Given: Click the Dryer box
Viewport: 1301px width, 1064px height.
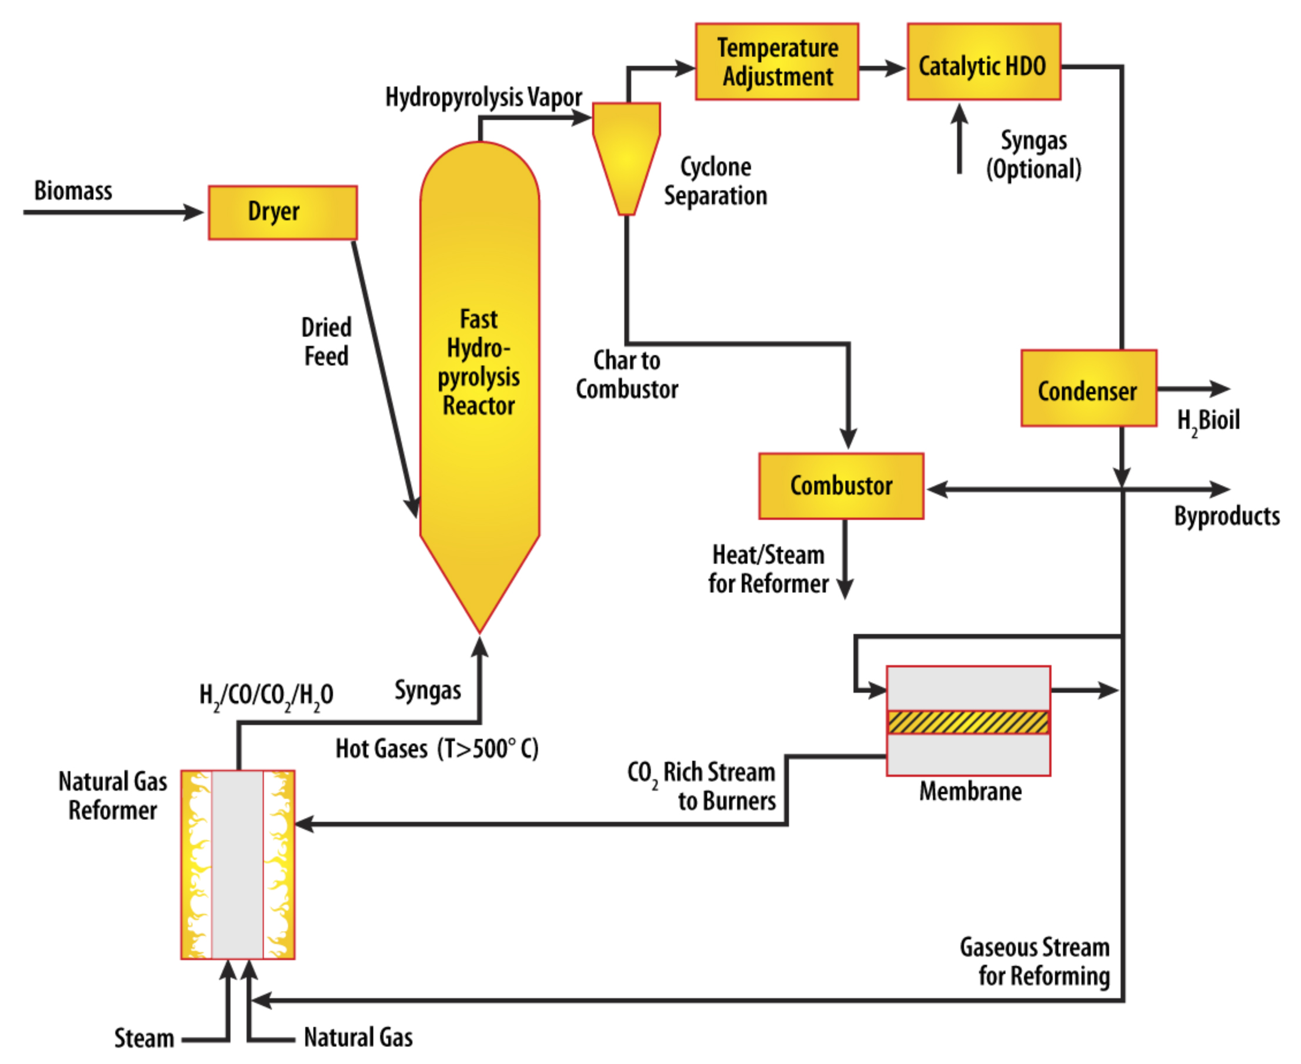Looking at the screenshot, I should click(282, 212).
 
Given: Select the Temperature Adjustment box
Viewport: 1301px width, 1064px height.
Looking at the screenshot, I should click(777, 62).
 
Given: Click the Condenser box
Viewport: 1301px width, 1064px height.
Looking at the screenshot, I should click(1089, 388).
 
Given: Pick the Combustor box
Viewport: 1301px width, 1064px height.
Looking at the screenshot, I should click(841, 486).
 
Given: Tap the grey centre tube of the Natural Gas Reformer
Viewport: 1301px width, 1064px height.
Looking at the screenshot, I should click(238, 864).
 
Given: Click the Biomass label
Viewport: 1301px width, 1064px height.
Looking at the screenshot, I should click(73, 191).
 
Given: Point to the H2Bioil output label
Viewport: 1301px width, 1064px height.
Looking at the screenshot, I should click(1208, 421).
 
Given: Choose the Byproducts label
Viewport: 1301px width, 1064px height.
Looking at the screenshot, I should click(1226, 516).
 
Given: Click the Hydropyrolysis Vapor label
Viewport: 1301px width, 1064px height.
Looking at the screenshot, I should click(483, 97).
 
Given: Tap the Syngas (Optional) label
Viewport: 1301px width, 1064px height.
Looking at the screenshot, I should click(1033, 154).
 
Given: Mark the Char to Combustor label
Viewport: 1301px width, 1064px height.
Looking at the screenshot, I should click(626, 374).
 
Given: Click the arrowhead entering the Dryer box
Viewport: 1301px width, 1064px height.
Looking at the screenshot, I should click(194, 212).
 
